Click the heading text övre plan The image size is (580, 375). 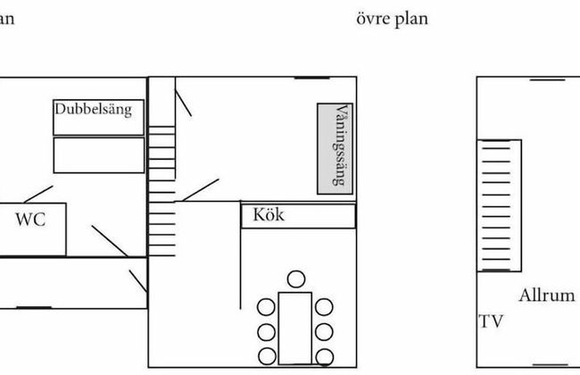point(393,19)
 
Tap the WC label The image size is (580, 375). point(30,221)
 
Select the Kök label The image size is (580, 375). point(269,215)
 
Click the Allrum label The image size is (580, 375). point(546,296)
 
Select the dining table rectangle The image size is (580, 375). point(294,326)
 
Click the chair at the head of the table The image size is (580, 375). point(295,278)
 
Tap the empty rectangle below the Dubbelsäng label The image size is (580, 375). point(98,154)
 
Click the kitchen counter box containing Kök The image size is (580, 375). point(298,215)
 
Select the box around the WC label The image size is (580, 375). point(33,228)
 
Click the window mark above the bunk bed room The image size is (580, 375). point(311,78)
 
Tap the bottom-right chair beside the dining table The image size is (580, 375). point(324,357)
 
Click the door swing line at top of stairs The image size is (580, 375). point(183,97)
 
